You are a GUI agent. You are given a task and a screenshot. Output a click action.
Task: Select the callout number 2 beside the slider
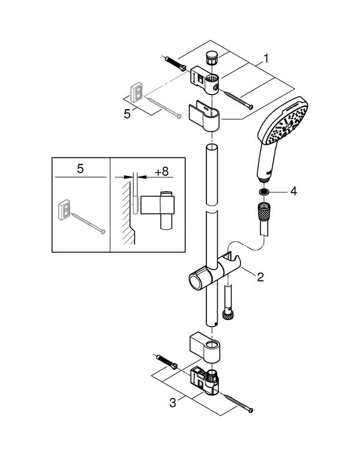260,277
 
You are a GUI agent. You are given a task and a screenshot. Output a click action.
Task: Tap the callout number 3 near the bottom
173,403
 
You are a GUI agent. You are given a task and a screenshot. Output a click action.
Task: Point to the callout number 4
293,192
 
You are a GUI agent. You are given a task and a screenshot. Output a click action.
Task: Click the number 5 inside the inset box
80,169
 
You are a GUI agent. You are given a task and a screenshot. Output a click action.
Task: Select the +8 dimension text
161,171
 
